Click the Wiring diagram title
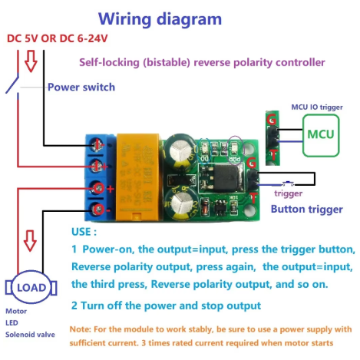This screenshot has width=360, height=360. pyautogui.click(x=160, y=19)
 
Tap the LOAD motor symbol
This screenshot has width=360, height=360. pyautogui.click(x=31, y=287)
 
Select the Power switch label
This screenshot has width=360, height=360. pyautogui.click(x=81, y=88)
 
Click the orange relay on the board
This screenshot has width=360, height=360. pyautogui.click(x=137, y=177)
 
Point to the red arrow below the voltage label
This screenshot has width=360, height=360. pyautogui.click(x=31, y=61)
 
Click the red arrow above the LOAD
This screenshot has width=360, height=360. pyautogui.click(x=30, y=241)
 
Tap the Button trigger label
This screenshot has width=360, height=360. pyautogui.click(x=307, y=210)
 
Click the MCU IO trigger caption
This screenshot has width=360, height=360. pyautogui.click(x=317, y=107)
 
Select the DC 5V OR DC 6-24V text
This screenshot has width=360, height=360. pyautogui.click(x=58, y=38)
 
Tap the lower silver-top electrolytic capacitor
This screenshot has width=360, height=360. pyautogui.click(x=181, y=205)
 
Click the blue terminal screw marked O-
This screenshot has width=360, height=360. pyautogui.click(x=98, y=210)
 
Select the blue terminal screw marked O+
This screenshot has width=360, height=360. pyautogui.click(x=98, y=188)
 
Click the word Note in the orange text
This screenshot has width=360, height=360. pyautogui.click(x=79, y=329)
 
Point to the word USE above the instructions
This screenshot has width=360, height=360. pyautogui.click(x=81, y=232)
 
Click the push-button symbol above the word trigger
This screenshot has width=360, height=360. pyautogui.click(x=289, y=183)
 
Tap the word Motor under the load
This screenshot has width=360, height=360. pyautogui.click(x=16, y=311)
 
